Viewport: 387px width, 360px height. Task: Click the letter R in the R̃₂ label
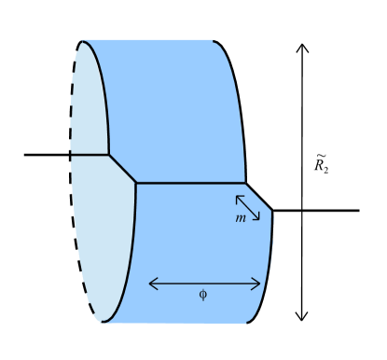(319, 166)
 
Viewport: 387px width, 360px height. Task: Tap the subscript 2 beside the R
(326, 171)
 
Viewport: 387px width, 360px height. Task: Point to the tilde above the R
(320, 156)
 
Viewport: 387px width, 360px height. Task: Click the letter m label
(241, 217)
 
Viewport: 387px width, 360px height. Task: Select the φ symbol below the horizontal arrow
(203, 295)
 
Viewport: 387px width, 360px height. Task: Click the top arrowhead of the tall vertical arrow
(301, 48)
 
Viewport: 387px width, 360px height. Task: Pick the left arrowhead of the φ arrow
(152, 284)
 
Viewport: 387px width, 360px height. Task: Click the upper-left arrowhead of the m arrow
(239, 198)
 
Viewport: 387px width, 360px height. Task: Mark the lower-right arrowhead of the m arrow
(256, 217)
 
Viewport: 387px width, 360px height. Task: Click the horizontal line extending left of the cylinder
(56, 154)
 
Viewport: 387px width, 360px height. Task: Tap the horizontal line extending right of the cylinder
(317, 211)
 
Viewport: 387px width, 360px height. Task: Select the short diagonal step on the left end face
(122, 169)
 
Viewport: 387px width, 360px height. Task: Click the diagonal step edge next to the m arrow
(259, 197)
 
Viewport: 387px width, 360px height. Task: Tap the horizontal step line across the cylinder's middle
(191, 183)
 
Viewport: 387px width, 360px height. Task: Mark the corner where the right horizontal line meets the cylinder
(272, 211)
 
